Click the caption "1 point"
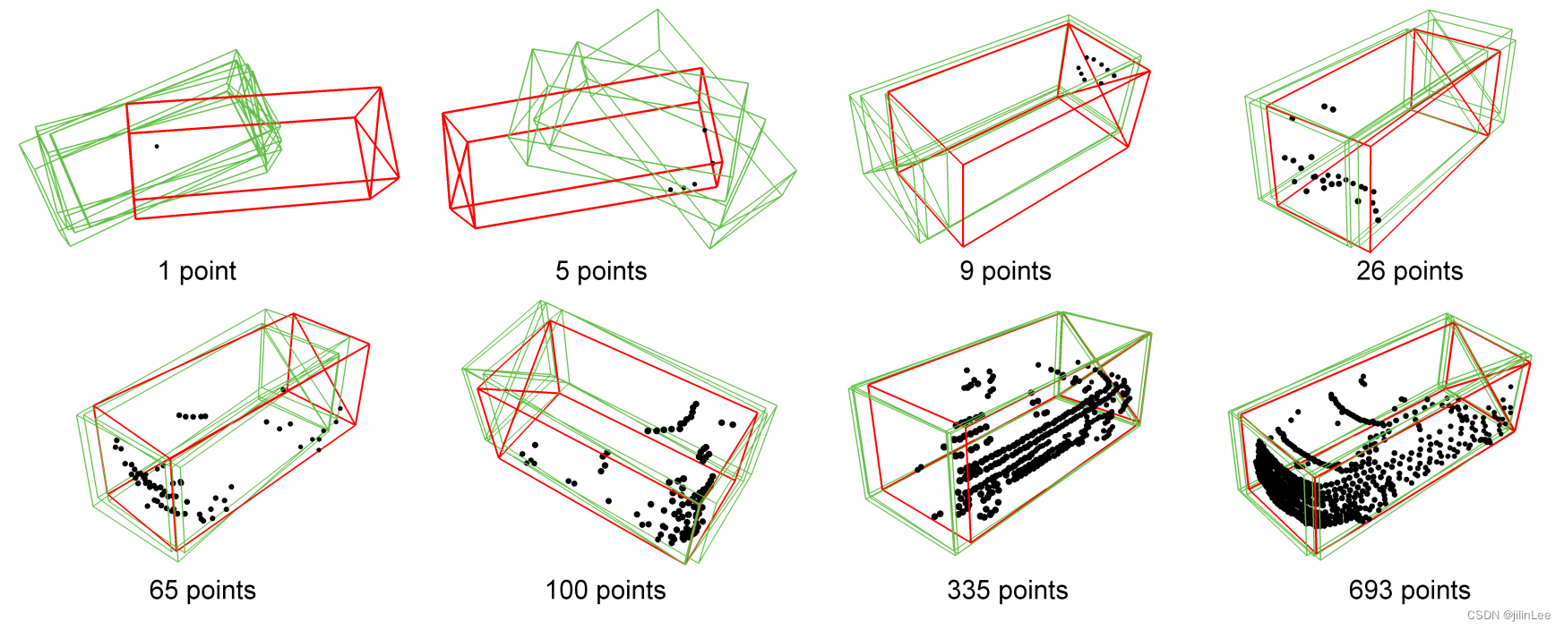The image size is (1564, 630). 197,271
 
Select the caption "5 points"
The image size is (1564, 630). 601,271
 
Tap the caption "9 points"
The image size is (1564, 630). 1005,271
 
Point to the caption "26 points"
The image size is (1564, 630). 1409,271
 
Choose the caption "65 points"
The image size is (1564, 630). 202,591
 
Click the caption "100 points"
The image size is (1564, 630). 606,591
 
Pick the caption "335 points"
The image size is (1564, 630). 1008,591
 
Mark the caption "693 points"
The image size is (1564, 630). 1409,591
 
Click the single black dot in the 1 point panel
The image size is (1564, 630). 157,146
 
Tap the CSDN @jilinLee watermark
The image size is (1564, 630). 1508,616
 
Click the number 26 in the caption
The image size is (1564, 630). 1371,271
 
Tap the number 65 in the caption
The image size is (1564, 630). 164,591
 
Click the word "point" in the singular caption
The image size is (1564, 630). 208,271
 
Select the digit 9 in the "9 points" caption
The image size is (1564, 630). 967,271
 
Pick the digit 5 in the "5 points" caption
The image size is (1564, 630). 563,271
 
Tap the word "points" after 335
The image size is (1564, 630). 1034,591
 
